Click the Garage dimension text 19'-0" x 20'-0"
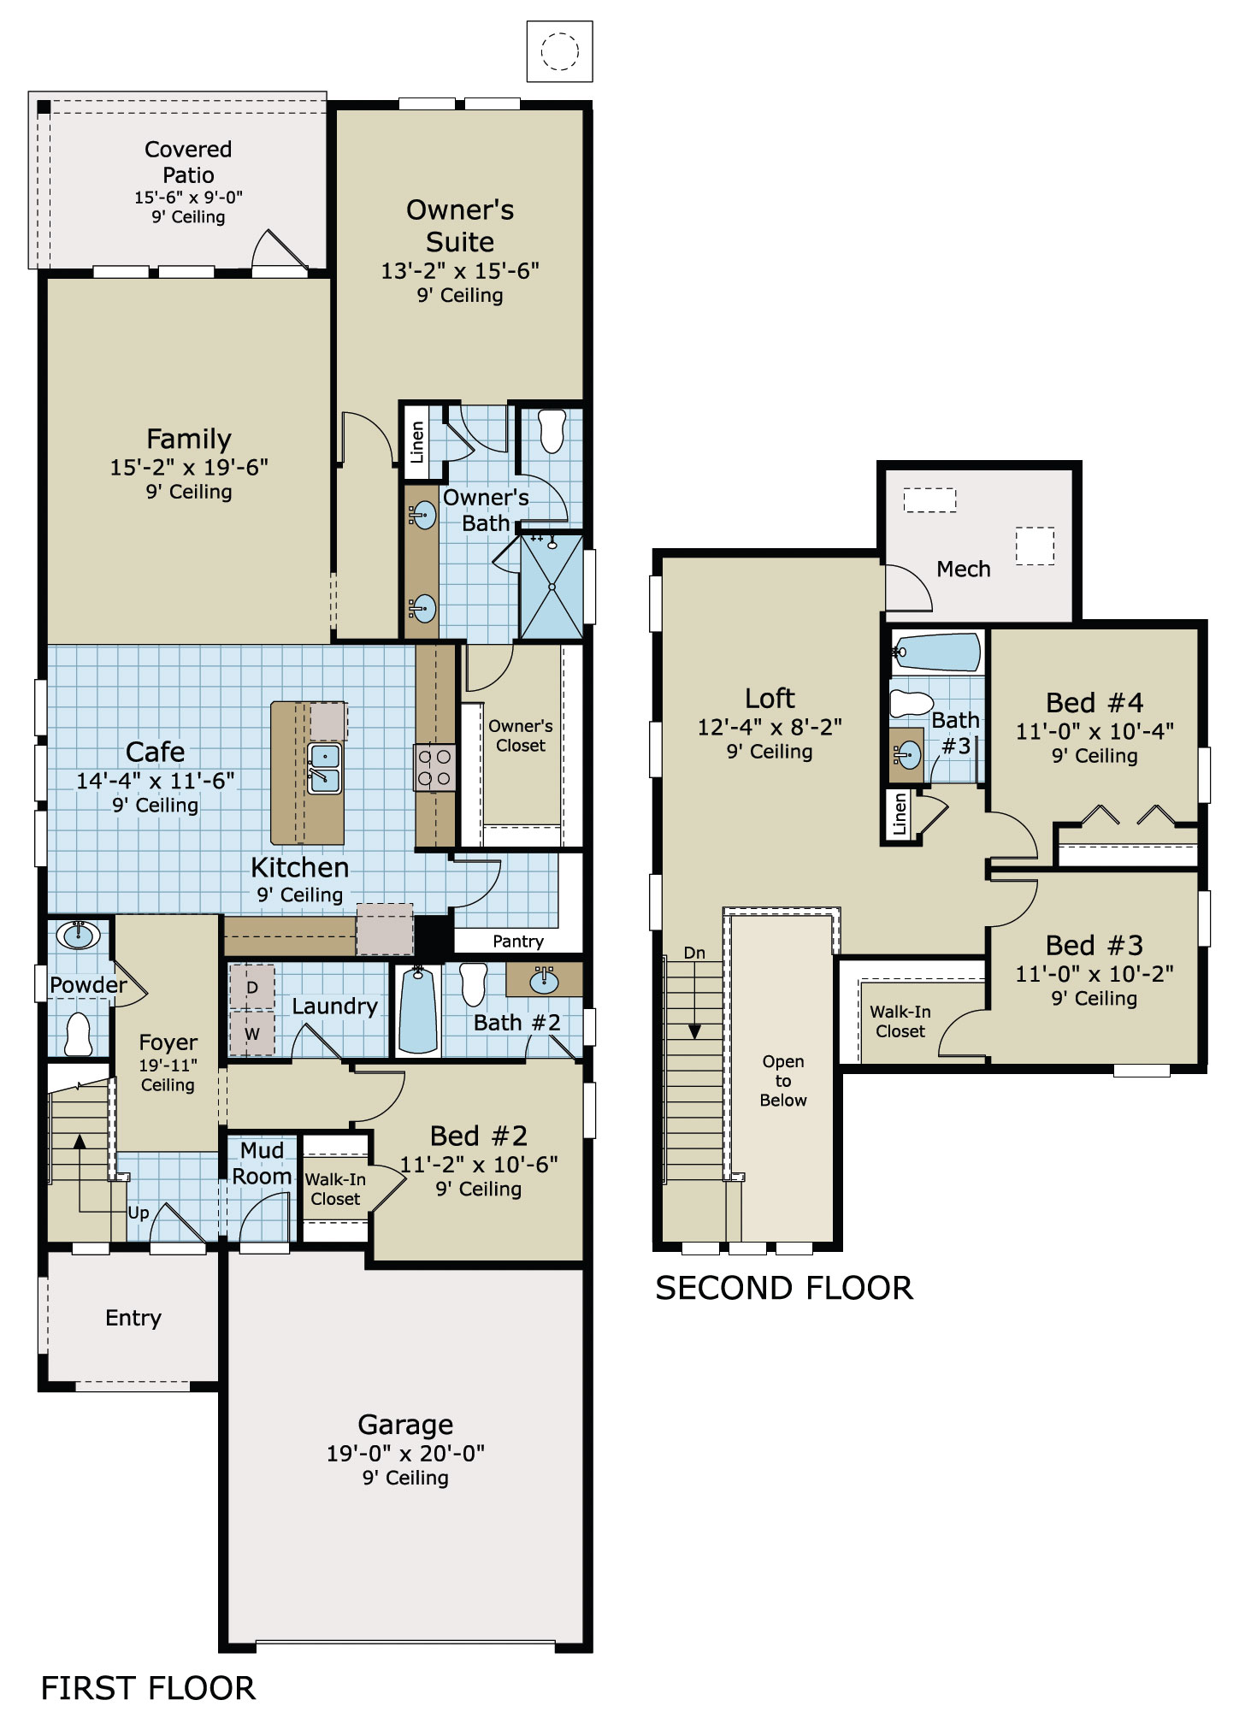click(x=405, y=1453)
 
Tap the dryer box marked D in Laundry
click(x=252, y=988)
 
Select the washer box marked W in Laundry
click(x=252, y=1033)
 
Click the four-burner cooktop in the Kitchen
click(x=434, y=767)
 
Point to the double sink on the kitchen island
click(x=324, y=767)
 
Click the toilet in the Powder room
click(x=79, y=1034)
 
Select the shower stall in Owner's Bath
click(x=552, y=587)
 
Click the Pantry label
click(x=517, y=942)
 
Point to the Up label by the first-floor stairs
click(x=139, y=1213)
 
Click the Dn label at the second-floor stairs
click(x=694, y=953)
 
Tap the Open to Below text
click(x=783, y=1081)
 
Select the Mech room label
click(x=963, y=569)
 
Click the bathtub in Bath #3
click(x=938, y=652)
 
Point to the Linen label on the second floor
click(x=899, y=814)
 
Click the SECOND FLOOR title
click(x=783, y=1288)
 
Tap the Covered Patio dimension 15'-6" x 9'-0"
click(x=188, y=198)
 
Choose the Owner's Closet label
click(x=520, y=735)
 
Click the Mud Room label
click(x=262, y=1163)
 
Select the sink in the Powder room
click(x=78, y=935)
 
